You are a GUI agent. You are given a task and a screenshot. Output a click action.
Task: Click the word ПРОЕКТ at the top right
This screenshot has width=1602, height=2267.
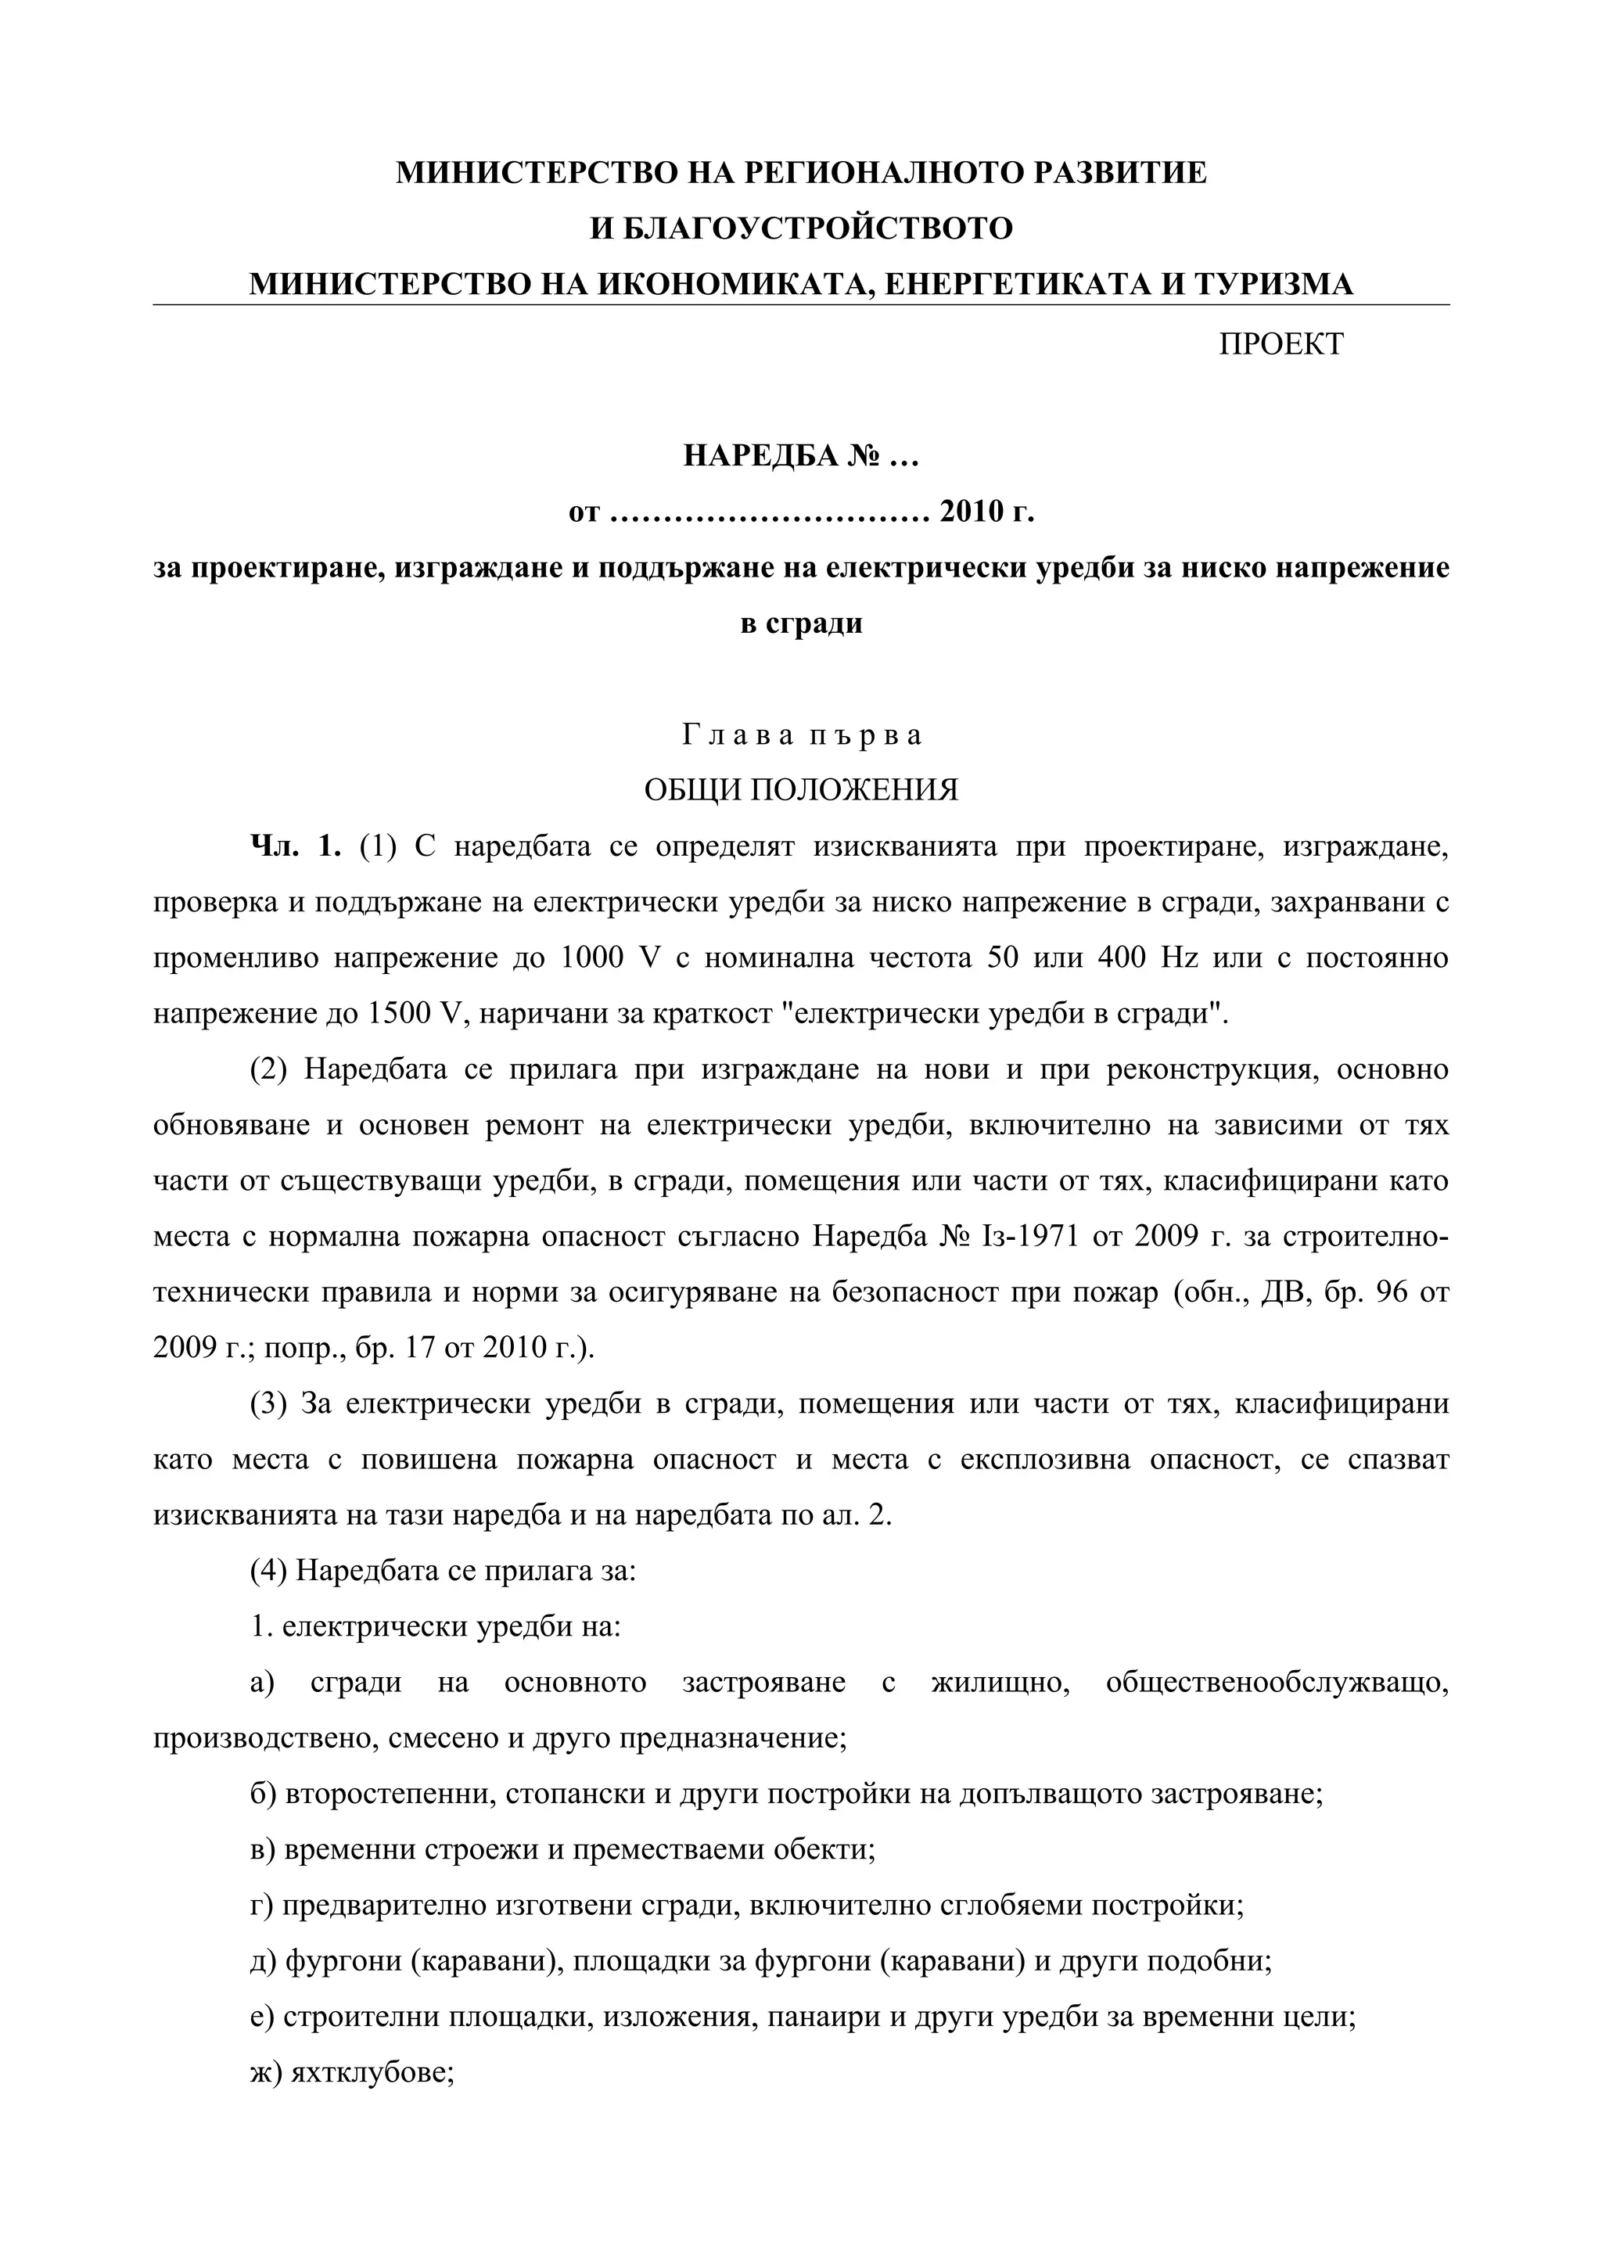1281,343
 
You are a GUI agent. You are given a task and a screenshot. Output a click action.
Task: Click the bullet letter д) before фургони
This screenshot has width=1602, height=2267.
264,1961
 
